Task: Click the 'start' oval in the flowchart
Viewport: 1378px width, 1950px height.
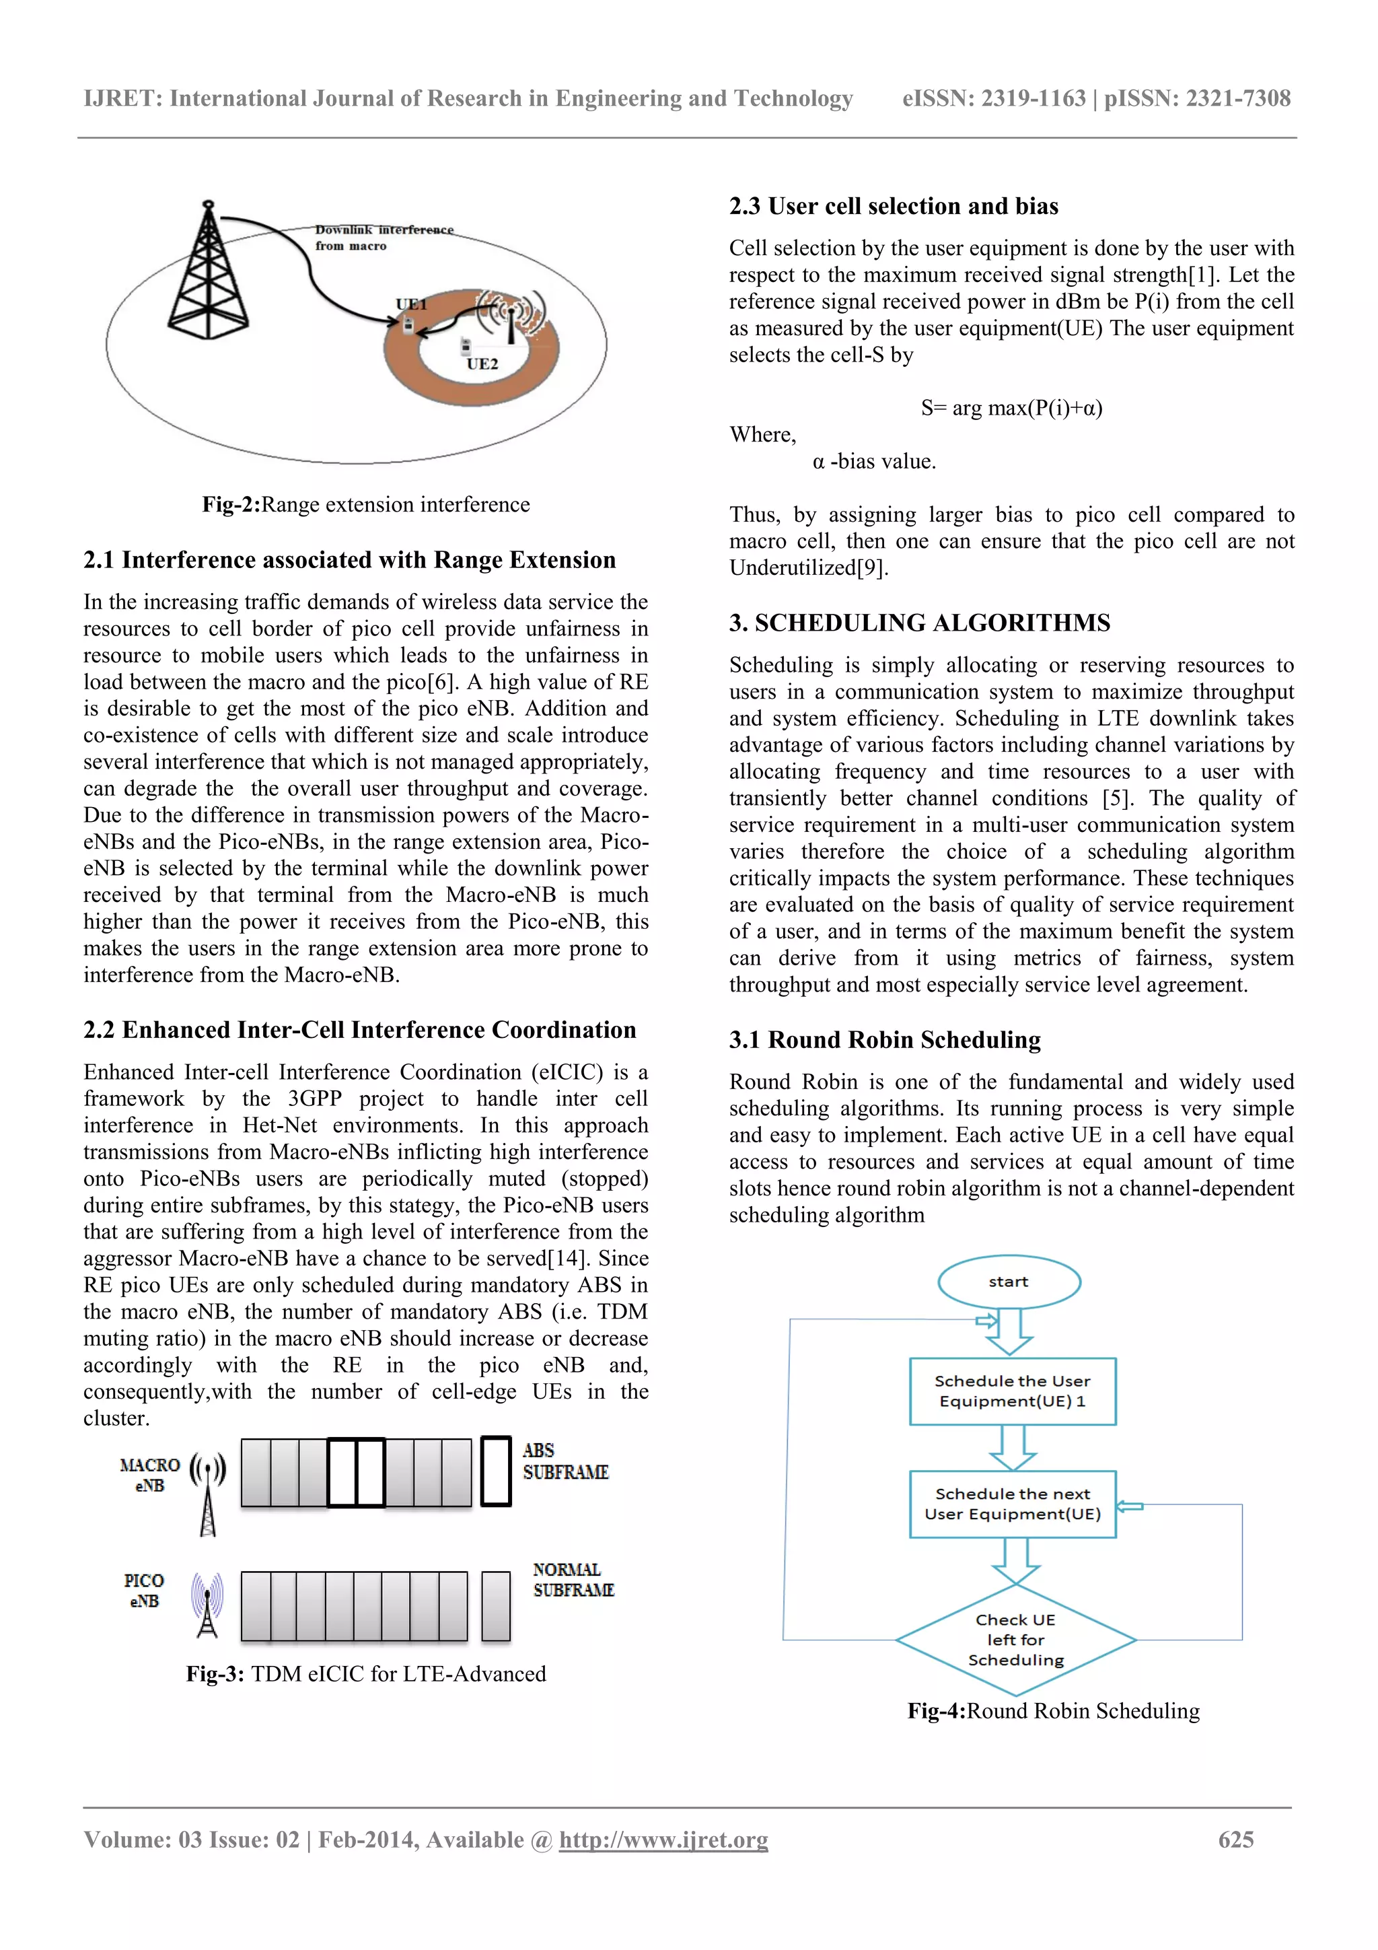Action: pyautogui.click(x=1009, y=1282)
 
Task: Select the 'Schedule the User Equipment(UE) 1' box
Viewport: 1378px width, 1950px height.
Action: pyautogui.click(x=1012, y=1391)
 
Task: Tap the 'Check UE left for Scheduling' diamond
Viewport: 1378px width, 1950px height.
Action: pyautogui.click(x=1015, y=1640)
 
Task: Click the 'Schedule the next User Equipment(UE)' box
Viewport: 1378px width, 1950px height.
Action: pyautogui.click(x=1012, y=1504)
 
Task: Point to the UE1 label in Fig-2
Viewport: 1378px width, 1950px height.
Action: pyautogui.click(x=411, y=304)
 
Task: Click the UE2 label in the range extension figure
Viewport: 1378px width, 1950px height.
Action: pyautogui.click(x=482, y=363)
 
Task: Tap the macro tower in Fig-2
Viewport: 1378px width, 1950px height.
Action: pyautogui.click(x=208, y=272)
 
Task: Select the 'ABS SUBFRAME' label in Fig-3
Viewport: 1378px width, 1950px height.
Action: pyautogui.click(x=565, y=1461)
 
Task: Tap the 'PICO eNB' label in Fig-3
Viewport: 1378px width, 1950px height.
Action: pyautogui.click(x=143, y=1591)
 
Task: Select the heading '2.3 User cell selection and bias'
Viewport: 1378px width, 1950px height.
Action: pyautogui.click(x=893, y=207)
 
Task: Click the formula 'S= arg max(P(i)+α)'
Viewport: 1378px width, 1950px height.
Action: pyautogui.click(x=1011, y=408)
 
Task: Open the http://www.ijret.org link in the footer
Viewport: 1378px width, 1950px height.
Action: pyautogui.click(x=663, y=1840)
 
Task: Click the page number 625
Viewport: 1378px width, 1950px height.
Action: pyautogui.click(x=1235, y=1840)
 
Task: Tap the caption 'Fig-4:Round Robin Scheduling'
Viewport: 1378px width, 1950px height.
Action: pyautogui.click(x=1053, y=1710)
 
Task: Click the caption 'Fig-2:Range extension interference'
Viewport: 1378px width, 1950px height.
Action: pyautogui.click(x=365, y=504)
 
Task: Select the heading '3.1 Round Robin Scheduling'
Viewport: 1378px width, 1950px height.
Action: pyautogui.click(x=885, y=1039)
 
